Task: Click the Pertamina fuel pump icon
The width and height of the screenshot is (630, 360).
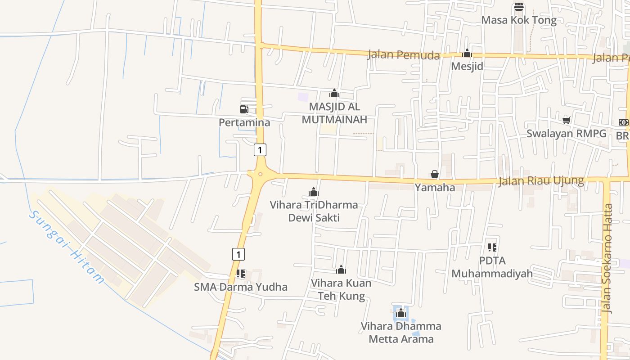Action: pos(244,109)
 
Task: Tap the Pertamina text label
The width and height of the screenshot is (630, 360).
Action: pos(244,122)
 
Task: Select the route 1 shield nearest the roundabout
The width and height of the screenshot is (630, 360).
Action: pos(260,149)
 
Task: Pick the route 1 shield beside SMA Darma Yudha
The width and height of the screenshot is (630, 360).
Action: pos(238,254)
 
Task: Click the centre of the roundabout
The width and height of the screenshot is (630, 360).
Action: pos(260,174)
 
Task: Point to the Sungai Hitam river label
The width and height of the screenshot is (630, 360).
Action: pos(67,247)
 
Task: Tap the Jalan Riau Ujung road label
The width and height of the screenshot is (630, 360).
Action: pos(541,181)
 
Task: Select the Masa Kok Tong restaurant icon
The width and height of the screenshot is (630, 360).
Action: pos(519,7)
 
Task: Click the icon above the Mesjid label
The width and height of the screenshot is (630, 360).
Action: pos(467,54)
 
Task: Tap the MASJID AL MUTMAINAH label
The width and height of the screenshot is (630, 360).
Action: pos(334,113)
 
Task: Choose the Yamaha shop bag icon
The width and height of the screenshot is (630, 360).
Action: pos(435,174)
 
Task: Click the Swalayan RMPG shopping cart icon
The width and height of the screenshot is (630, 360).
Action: pos(567,120)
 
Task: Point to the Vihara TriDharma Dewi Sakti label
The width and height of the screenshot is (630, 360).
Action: pos(314,211)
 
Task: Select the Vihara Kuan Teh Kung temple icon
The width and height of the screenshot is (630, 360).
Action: pos(341,270)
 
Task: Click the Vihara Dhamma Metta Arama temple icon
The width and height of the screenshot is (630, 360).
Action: pos(401,313)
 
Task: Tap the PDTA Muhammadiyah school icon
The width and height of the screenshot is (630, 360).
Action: pos(492,247)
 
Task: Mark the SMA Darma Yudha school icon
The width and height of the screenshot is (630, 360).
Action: pos(241,273)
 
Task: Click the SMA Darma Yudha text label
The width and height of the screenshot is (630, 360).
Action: pos(241,287)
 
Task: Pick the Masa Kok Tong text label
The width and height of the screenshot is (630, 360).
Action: pos(519,20)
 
